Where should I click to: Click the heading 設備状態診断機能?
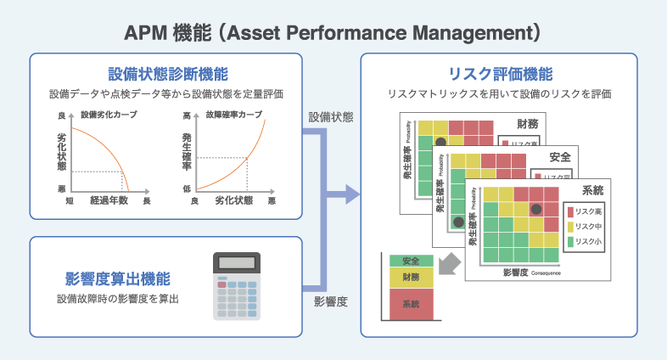coord(167,74)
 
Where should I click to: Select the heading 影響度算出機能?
coord(118,278)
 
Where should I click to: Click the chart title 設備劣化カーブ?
coord(108,114)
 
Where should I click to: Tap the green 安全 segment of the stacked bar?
coord(412,260)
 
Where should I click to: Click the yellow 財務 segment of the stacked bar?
coord(412,277)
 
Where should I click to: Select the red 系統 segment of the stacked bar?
coord(412,303)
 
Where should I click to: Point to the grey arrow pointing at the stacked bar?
coord(453,266)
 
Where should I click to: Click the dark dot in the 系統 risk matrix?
coord(535,209)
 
